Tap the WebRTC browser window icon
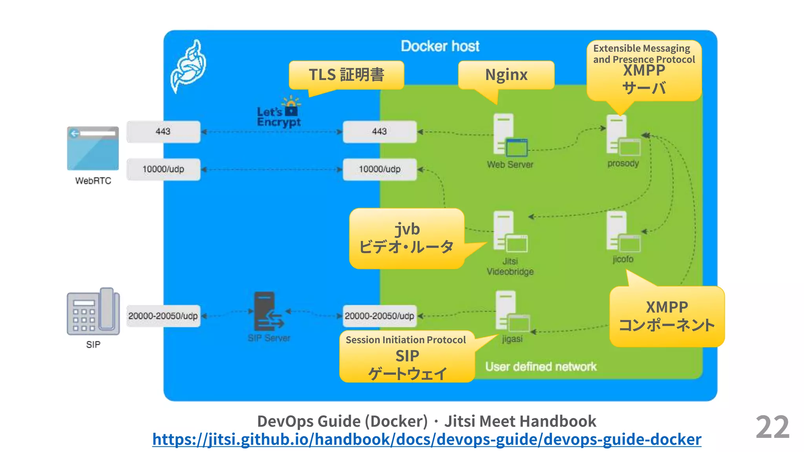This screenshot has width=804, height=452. pyautogui.click(x=93, y=148)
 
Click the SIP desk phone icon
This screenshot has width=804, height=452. pyautogui.click(x=93, y=312)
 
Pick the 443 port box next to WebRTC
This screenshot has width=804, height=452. pyautogui.click(x=163, y=131)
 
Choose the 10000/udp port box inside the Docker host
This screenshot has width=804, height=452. pyautogui.click(x=380, y=169)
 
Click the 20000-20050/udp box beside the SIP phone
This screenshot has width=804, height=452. pyautogui.click(x=163, y=316)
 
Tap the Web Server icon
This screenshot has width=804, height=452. pyautogui.click(x=509, y=135)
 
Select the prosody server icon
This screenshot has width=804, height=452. pyautogui.click(x=622, y=135)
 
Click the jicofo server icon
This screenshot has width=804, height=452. pyautogui.click(x=622, y=232)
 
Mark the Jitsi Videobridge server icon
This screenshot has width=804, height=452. pyautogui.click(x=509, y=232)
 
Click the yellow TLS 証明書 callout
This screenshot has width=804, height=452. pyautogui.click(x=346, y=75)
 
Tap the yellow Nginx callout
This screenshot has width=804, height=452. pyautogui.click(x=506, y=75)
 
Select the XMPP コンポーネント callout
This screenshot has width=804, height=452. pyautogui.click(x=667, y=316)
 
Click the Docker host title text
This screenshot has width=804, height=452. pyautogui.click(x=440, y=46)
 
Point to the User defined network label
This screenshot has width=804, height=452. pyautogui.click(x=541, y=366)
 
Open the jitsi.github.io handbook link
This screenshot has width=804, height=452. pyautogui.click(x=426, y=439)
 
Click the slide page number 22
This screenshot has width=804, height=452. pyautogui.click(x=772, y=427)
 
